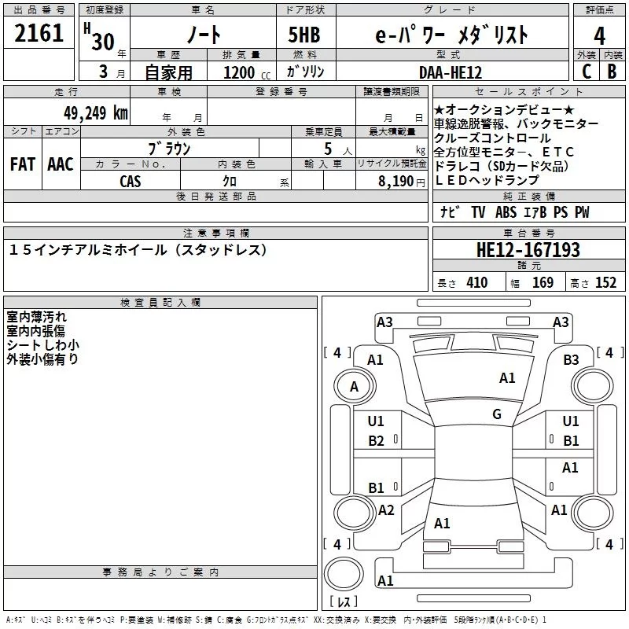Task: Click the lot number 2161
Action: point(39,35)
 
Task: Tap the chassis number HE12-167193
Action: point(528,251)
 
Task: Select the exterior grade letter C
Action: point(585,72)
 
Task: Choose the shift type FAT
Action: point(22,164)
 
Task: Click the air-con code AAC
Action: point(60,164)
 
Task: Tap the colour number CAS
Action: point(131,181)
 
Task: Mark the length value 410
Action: point(476,283)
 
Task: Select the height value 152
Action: point(605,283)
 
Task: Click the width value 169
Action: point(543,283)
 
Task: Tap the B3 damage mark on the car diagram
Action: point(571,359)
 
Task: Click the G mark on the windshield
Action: point(497,414)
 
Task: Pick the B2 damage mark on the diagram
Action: point(377,440)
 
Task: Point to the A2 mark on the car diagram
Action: point(386,510)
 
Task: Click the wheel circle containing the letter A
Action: point(354,387)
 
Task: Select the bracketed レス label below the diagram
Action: point(344,603)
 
